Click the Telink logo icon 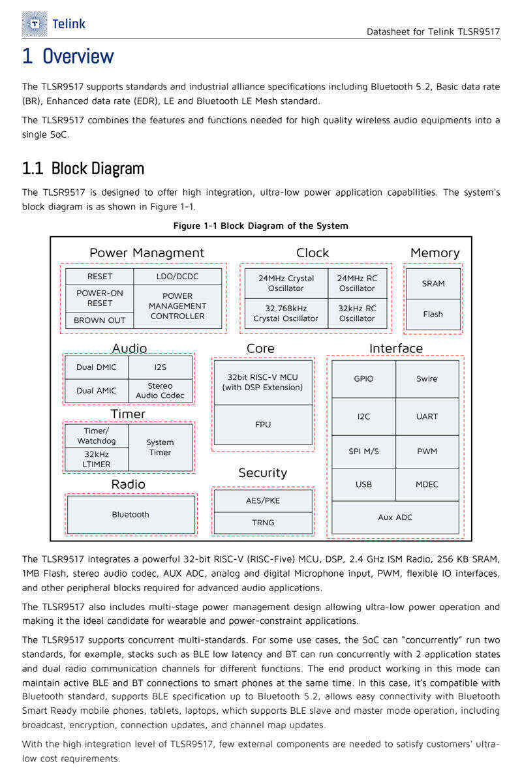(35, 23)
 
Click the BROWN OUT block (99, 320)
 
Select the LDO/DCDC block (177, 277)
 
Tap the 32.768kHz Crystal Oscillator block (286, 314)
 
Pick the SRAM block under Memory (433, 283)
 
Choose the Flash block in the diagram (433, 315)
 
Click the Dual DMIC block (97, 367)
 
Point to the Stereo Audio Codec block (160, 391)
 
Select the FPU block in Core (263, 425)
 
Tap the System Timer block (160, 448)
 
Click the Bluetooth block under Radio (130, 515)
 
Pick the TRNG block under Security (263, 523)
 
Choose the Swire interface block (427, 379)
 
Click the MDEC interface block (427, 484)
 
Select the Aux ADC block (395, 517)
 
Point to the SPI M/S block (363, 452)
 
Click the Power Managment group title (147, 253)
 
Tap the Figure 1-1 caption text (261, 226)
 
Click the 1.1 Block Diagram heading (84, 168)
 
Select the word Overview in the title (78, 57)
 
